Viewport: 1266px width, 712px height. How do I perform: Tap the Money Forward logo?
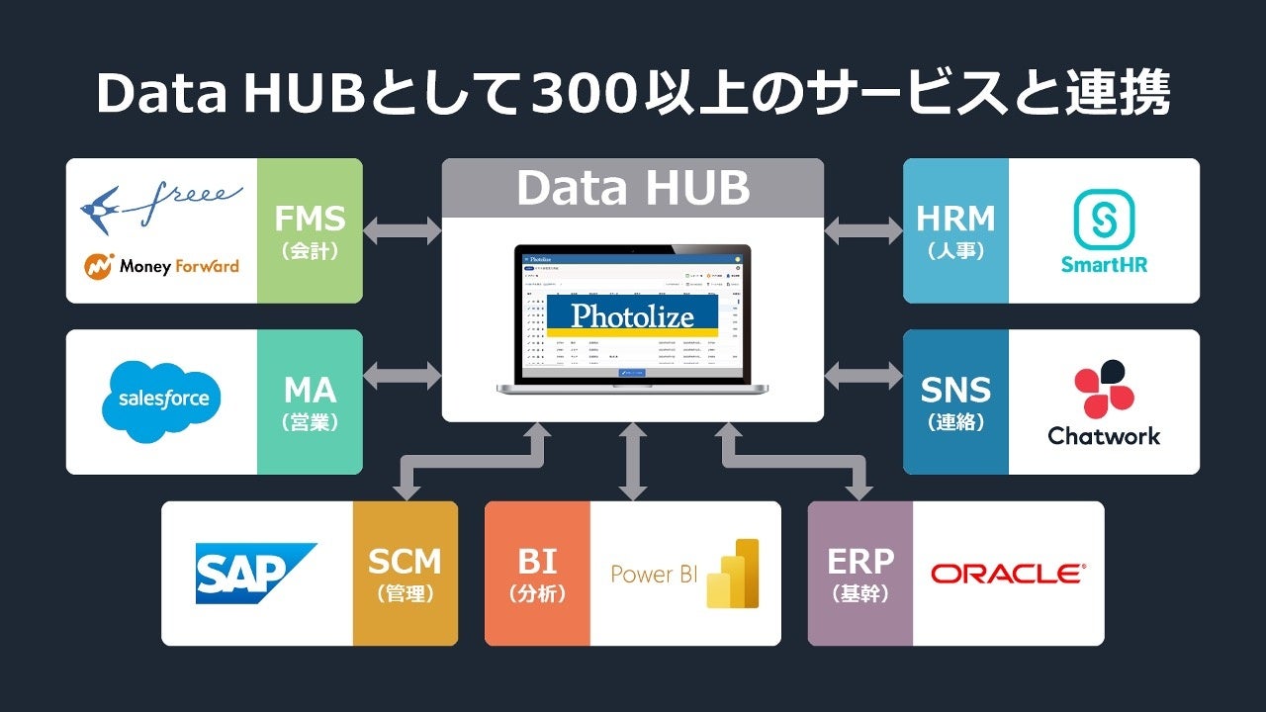pyautogui.click(x=161, y=265)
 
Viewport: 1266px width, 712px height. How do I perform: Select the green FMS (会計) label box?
pyautogui.click(x=310, y=230)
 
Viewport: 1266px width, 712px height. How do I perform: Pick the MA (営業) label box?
pyautogui.click(x=310, y=402)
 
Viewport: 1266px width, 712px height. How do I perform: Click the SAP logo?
pyautogui.click(x=255, y=574)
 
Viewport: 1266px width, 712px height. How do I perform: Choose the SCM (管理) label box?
pyautogui.click(x=405, y=574)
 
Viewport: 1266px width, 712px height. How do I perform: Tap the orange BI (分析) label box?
pyautogui.click(x=537, y=574)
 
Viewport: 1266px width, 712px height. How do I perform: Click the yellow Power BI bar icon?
pyautogui.click(x=733, y=574)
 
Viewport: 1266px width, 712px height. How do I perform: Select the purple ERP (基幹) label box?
pyautogui.click(x=860, y=574)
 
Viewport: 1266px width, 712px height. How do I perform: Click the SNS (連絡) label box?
pyautogui.click(x=955, y=402)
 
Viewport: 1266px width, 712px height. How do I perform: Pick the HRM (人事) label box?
pyautogui.click(x=955, y=230)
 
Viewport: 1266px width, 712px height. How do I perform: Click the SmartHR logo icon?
pyautogui.click(x=1104, y=220)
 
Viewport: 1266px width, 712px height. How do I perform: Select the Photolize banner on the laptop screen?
pyautogui.click(x=633, y=315)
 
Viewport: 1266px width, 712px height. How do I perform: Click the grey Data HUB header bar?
pyautogui.click(x=633, y=188)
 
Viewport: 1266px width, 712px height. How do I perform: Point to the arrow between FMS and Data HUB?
pyautogui.click(x=403, y=231)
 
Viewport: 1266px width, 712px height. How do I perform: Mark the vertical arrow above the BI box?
pyautogui.click(x=633, y=461)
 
